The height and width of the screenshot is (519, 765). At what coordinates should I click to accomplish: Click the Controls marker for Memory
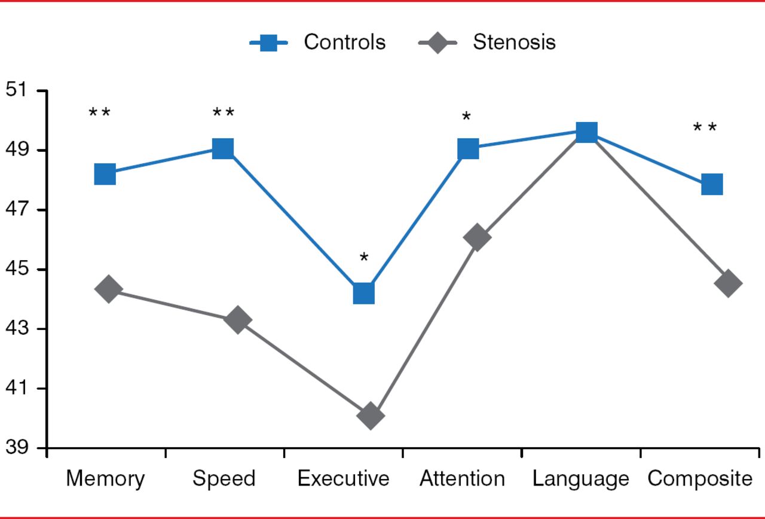tap(105, 175)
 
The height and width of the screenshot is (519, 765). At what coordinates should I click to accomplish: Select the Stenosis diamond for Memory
tap(109, 289)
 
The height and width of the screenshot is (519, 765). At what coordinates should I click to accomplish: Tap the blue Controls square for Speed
tap(223, 148)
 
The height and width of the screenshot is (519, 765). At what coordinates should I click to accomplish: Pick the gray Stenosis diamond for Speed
tap(238, 320)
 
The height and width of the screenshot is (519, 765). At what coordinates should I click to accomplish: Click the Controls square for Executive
tap(363, 294)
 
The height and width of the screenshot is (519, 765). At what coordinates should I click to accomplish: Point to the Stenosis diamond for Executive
tap(370, 416)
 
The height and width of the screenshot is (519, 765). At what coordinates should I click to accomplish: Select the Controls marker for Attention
tap(468, 149)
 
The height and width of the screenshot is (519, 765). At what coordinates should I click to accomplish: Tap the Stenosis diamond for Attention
tap(477, 238)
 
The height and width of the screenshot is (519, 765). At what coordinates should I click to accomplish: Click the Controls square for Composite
tap(712, 185)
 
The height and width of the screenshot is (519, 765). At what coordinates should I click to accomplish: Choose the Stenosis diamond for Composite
tap(729, 283)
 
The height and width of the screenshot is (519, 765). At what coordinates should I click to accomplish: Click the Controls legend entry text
tap(344, 42)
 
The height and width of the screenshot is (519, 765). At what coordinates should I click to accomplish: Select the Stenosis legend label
tap(514, 42)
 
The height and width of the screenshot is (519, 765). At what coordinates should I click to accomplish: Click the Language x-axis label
tap(581, 479)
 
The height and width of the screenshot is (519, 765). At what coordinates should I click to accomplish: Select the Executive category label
tap(343, 479)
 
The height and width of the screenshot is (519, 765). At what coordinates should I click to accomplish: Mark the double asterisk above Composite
tap(705, 128)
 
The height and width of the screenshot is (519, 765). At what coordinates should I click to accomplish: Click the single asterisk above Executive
tap(364, 258)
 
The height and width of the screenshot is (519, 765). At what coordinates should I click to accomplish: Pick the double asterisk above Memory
tap(100, 112)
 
